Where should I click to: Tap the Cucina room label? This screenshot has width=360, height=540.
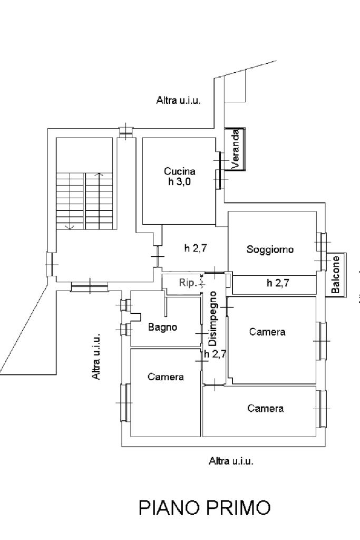click(180, 171)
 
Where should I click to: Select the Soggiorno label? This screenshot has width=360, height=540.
click(270, 249)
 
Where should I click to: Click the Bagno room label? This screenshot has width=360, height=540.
click(162, 327)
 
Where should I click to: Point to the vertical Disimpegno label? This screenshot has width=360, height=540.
click(213, 319)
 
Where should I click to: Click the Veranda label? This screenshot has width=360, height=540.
click(236, 149)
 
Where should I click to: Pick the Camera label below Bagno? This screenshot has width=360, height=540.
click(166, 377)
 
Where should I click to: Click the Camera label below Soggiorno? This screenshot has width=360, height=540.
click(267, 332)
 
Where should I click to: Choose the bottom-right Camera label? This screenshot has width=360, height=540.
click(266, 408)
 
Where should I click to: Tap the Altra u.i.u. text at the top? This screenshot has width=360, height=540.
click(179, 100)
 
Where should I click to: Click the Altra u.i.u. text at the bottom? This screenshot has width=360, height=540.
click(231, 461)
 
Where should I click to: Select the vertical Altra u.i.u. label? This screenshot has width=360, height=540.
click(96, 356)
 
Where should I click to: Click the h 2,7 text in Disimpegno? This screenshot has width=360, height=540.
click(215, 354)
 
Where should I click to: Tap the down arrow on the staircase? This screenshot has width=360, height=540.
click(68, 226)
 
